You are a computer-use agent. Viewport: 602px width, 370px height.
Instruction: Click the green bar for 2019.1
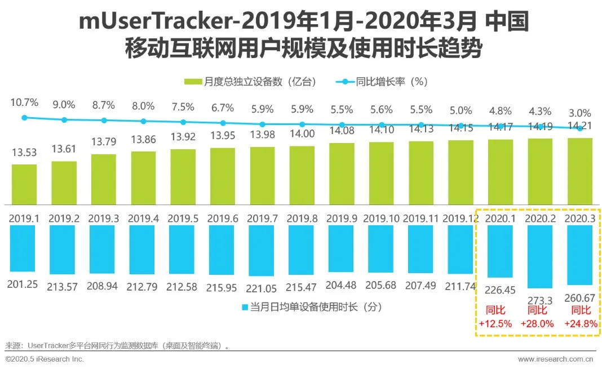24,184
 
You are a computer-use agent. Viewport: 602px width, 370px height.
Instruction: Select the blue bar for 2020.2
540,256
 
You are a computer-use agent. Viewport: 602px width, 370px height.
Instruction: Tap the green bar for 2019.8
302,175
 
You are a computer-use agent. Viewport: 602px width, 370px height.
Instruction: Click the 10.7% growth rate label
24,103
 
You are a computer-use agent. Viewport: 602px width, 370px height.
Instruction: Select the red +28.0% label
540,323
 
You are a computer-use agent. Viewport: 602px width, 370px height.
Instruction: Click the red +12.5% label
495,323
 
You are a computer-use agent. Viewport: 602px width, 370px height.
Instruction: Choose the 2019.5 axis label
183,218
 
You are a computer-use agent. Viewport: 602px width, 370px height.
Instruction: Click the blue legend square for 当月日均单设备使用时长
245,307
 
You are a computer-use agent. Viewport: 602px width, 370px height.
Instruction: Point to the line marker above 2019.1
24,118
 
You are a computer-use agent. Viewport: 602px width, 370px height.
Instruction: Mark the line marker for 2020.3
579,128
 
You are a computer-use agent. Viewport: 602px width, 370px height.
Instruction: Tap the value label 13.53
24,152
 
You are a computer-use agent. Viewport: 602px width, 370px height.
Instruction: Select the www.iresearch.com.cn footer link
555,359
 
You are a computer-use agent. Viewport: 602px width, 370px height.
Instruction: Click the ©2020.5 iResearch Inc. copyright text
45,359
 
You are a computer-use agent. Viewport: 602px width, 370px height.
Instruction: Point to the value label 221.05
262,286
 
